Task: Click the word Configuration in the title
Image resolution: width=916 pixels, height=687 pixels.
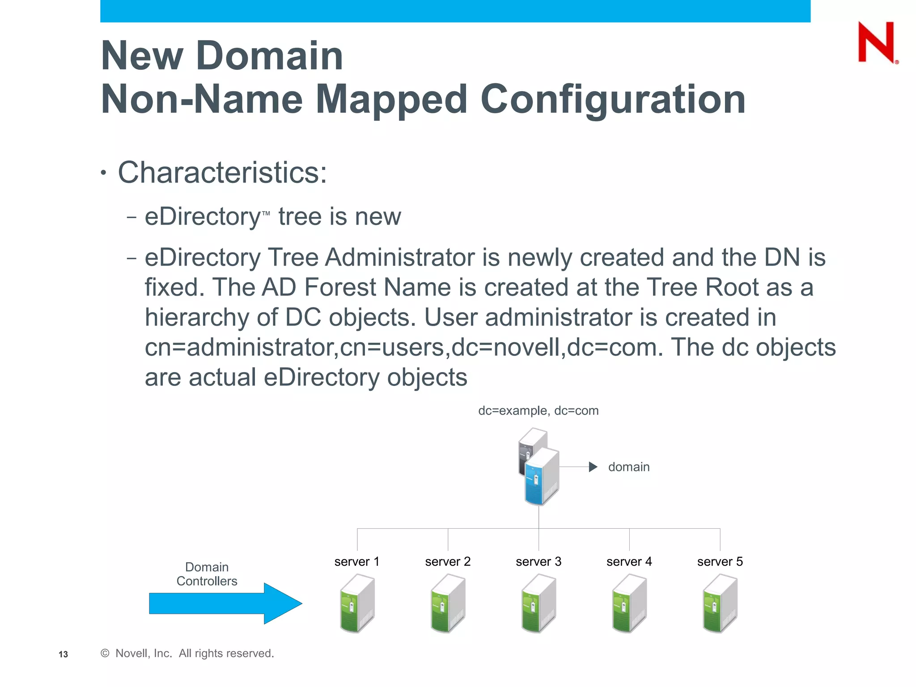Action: [x=612, y=100]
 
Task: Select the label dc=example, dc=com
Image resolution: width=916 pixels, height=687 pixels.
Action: [x=538, y=411]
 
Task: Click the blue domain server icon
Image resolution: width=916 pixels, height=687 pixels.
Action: [x=542, y=476]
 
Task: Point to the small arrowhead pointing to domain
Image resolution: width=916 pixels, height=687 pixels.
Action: [x=593, y=467]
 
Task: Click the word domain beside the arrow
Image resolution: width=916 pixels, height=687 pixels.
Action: [x=628, y=467]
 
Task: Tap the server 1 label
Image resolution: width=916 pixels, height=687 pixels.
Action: [x=356, y=561]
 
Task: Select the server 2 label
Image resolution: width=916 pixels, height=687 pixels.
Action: [x=448, y=561]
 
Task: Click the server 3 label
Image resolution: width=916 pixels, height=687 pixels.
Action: [x=539, y=561]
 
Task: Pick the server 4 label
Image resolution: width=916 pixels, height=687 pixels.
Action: [x=629, y=561]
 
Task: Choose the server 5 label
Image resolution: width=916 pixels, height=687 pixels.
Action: [x=720, y=561]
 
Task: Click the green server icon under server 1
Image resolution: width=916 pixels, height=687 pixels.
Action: [x=357, y=604]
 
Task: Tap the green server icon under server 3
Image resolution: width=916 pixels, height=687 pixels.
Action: [x=539, y=604]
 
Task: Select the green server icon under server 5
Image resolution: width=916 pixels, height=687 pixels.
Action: [x=720, y=604]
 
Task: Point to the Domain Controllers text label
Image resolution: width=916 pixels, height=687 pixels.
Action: [x=207, y=574]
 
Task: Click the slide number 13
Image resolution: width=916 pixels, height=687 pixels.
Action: [x=63, y=654]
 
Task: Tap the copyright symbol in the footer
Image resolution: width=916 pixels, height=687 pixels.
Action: [x=105, y=653]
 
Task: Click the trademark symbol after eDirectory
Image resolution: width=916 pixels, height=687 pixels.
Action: [x=266, y=213]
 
